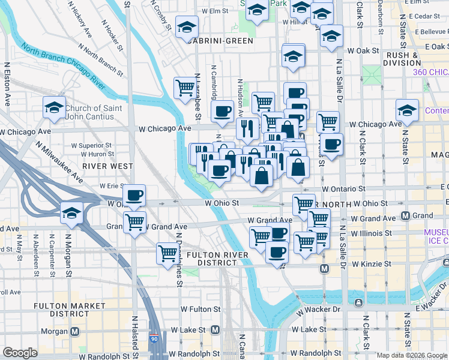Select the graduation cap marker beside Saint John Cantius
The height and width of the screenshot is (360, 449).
tap(54, 108)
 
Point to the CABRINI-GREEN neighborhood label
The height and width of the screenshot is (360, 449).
tap(220, 41)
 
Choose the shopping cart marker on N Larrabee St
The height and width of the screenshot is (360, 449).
tap(184, 88)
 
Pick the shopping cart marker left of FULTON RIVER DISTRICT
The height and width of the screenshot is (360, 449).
tap(166, 253)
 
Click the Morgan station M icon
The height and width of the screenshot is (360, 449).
tap(75, 331)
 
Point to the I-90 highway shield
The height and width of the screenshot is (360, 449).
tap(155, 340)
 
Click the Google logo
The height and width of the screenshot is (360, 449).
tap(20, 353)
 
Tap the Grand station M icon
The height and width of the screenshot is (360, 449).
tap(406, 215)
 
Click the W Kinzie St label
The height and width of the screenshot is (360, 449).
tap(372, 263)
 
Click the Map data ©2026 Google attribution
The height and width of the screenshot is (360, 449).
tap(412, 355)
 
